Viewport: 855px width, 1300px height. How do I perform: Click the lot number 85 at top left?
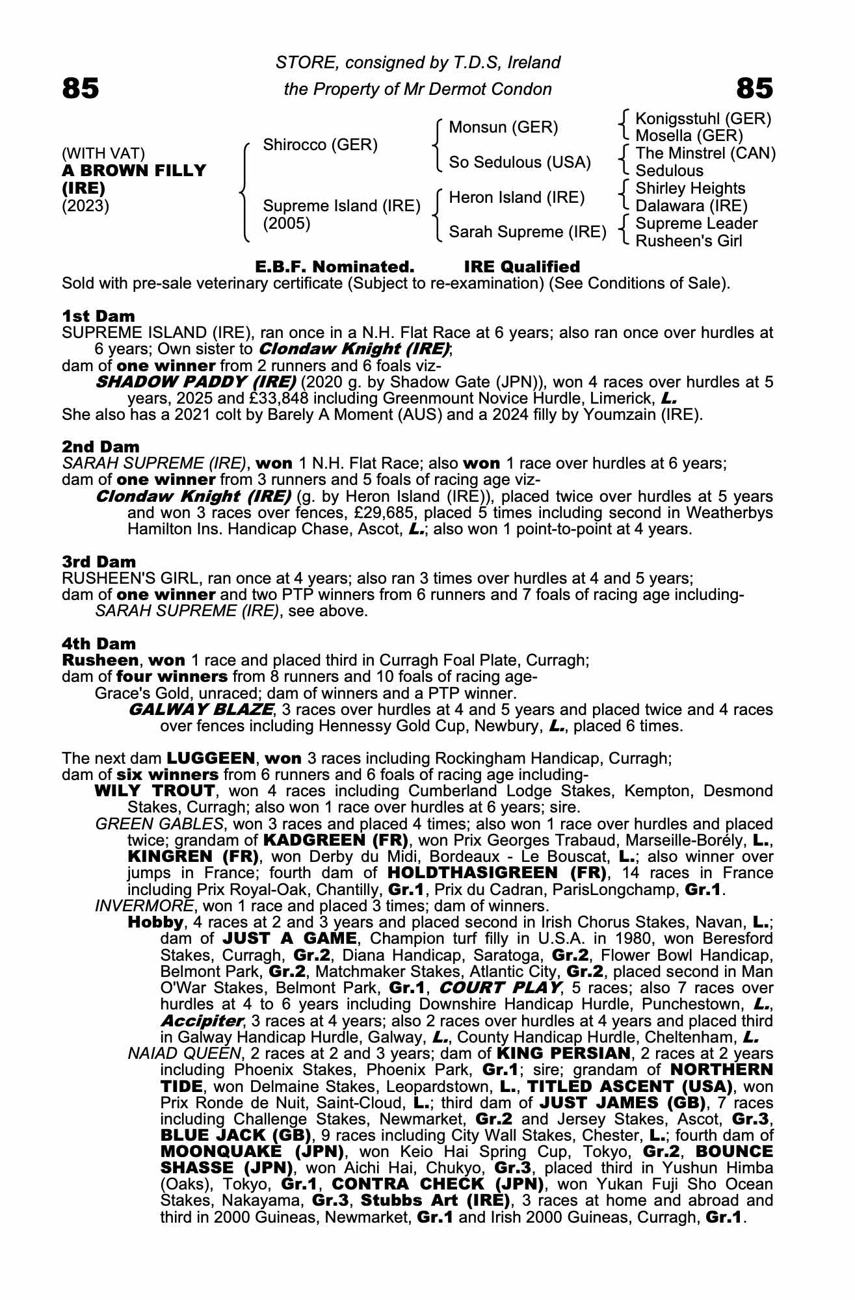(81, 88)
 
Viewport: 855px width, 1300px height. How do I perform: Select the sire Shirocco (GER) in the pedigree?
(320, 145)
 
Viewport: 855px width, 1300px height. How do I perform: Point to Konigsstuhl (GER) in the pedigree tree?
(703, 119)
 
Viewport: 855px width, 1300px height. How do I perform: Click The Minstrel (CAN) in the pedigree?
(705, 153)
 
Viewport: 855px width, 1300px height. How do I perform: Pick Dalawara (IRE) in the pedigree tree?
(691, 206)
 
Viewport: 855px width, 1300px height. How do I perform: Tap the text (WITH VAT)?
(103, 153)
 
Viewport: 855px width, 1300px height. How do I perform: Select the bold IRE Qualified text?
(521, 267)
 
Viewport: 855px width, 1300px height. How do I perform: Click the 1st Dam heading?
(98, 317)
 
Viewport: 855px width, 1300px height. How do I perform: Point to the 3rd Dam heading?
(99, 562)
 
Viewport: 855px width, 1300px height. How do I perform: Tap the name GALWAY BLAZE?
(200, 709)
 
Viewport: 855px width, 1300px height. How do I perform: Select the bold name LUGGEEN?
(211, 758)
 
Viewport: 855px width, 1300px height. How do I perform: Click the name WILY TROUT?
(155, 791)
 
